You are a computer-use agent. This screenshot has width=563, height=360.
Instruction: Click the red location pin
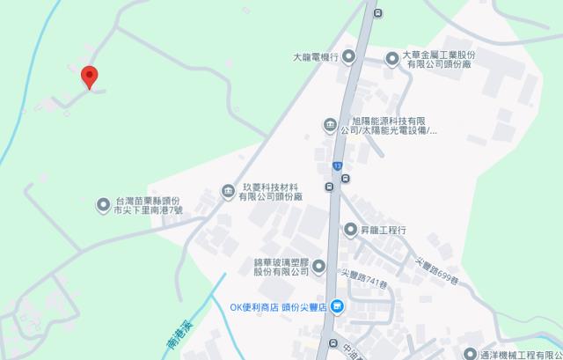[89, 77]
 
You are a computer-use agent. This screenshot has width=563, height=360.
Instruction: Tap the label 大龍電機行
[316, 58]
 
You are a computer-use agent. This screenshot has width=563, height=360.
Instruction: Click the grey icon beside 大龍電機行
[348, 58]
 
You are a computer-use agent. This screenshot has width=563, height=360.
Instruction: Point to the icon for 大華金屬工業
[391, 58]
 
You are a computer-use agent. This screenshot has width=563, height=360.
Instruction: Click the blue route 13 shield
[337, 165]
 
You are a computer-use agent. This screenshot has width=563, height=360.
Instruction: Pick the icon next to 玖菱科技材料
[227, 191]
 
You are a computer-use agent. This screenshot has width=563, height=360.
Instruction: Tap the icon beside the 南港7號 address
[103, 205]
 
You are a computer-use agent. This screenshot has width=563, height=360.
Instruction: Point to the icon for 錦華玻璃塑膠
[318, 266]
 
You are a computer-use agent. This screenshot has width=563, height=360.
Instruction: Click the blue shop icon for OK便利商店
[339, 307]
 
